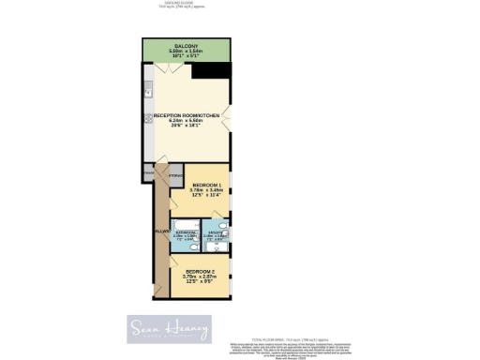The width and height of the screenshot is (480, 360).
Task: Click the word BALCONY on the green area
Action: click(184, 44)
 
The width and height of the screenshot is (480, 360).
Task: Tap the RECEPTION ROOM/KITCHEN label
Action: click(187, 114)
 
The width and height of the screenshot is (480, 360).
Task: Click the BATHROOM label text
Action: click(185, 232)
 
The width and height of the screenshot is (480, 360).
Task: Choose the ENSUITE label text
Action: click(215, 232)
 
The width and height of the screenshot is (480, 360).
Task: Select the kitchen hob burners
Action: click(147, 119)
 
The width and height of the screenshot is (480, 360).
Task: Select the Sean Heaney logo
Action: click(169, 329)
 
